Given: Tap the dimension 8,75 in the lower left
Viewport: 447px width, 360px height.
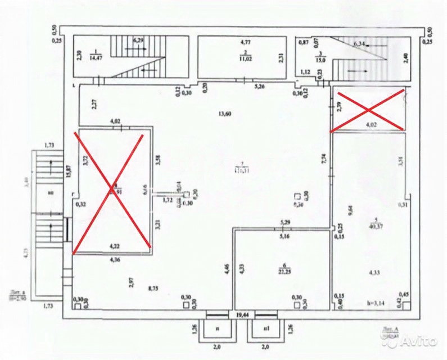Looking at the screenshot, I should [x=152, y=289].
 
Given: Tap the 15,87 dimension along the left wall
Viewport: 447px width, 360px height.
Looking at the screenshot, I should [x=68, y=171].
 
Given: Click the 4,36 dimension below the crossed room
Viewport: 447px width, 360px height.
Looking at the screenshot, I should [x=115, y=259].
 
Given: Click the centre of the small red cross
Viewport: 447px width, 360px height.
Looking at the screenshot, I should [x=368, y=110].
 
